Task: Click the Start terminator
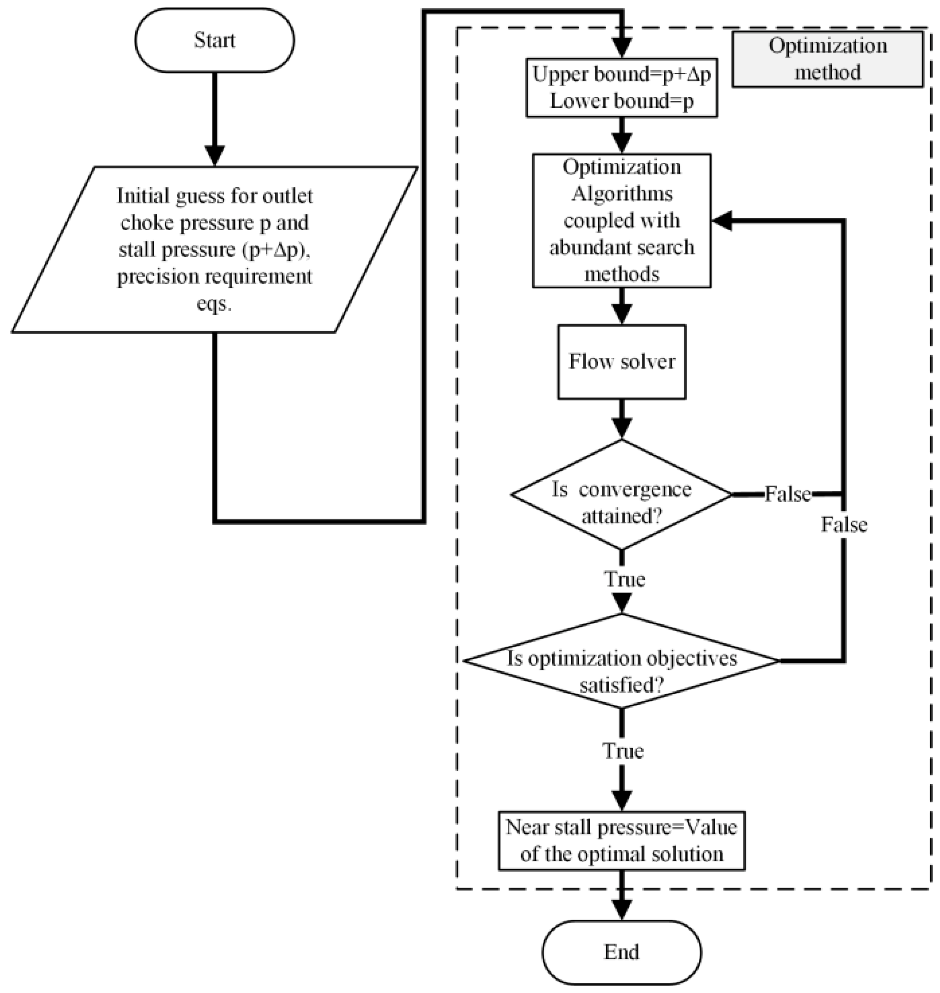point(214,40)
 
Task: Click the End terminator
point(621,952)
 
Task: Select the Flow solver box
point(621,362)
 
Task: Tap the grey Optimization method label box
point(827,59)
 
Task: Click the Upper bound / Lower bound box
point(621,88)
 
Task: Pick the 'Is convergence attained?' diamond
point(621,495)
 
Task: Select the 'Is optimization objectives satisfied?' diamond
point(621,661)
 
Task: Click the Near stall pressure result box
point(621,840)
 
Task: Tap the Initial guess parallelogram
point(214,249)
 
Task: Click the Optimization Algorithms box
point(621,220)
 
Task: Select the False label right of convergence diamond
point(787,494)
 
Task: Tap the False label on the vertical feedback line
point(844,524)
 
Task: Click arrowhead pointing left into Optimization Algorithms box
point(721,220)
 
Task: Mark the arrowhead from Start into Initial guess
point(214,155)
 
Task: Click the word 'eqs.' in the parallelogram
point(214,304)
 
